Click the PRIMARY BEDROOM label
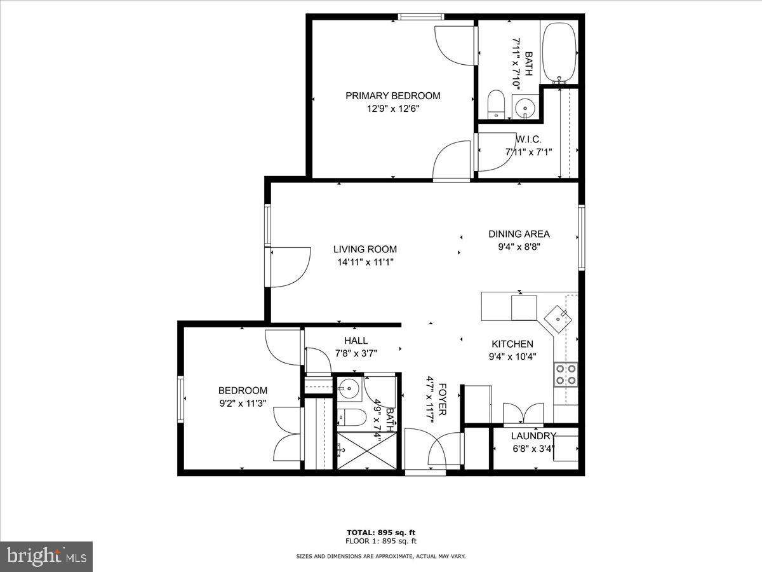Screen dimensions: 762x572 pos(392,96)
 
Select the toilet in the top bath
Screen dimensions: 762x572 pos(495,104)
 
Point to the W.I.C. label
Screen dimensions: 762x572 pos(528,140)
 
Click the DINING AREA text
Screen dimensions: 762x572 pos(519,234)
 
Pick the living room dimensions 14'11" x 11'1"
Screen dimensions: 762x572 pos(365,262)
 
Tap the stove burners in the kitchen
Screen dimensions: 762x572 pos(566,375)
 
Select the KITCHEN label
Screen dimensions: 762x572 pos(512,344)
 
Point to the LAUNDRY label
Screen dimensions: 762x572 pos(533,436)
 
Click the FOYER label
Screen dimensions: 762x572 pos(442,399)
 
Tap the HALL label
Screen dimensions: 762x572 pos(356,341)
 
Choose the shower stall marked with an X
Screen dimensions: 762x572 pos(366,451)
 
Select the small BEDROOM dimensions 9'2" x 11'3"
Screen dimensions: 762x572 pos(243,404)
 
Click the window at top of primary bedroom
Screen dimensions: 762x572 pos(421,17)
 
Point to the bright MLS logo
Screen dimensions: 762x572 pos(46,556)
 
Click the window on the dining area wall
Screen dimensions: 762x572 pos(582,237)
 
